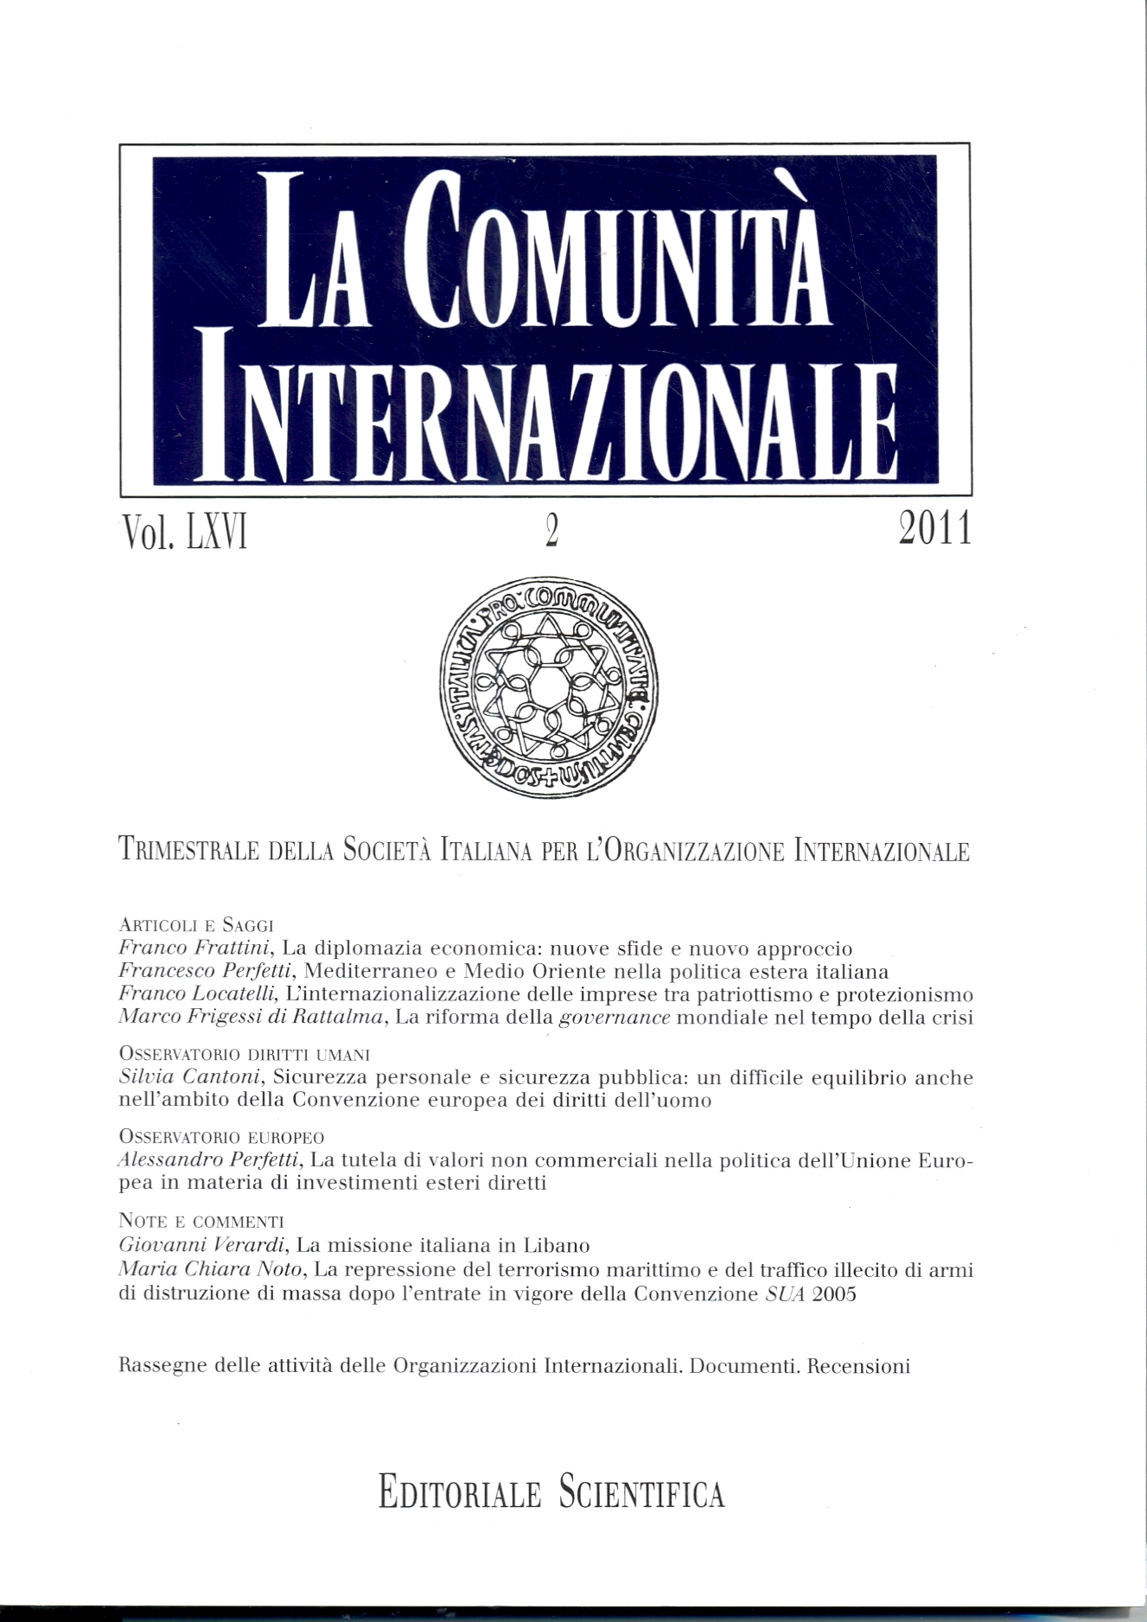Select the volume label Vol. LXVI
click(x=185, y=531)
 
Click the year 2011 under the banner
click(x=934, y=529)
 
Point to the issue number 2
click(x=550, y=531)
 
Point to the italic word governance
click(x=615, y=1018)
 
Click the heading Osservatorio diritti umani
click(x=244, y=1056)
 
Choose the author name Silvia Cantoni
click(x=188, y=1078)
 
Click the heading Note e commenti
click(x=201, y=1222)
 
